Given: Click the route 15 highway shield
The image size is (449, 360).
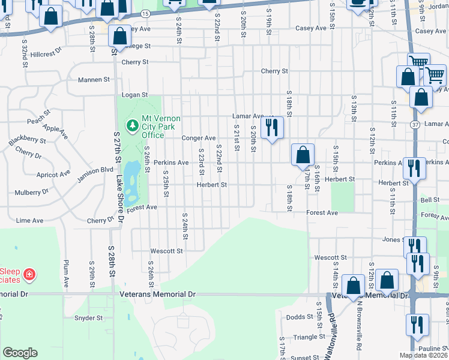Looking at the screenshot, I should (146, 13).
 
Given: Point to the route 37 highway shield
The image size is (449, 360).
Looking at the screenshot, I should (415, 124).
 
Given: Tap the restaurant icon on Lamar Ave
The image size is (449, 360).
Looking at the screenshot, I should (273, 127).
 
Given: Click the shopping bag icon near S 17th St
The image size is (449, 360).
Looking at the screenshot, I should (304, 154).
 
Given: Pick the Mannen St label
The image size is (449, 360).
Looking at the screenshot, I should (94, 79).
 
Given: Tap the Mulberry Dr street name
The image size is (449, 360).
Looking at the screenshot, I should (31, 193).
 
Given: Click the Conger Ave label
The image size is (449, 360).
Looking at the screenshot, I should (199, 138).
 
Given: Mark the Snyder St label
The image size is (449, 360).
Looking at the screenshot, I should (89, 318).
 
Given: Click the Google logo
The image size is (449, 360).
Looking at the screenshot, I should (20, 353).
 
